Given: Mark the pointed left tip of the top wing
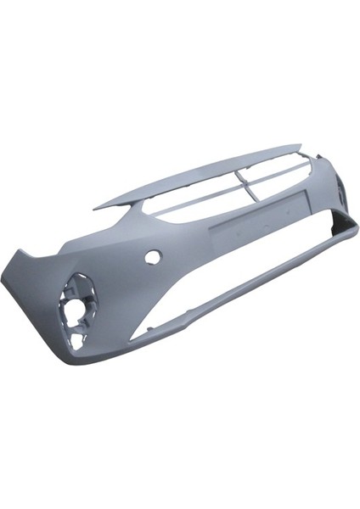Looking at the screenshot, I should [x=95, y=207].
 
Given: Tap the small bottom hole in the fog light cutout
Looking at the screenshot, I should [x=78, y=340].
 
